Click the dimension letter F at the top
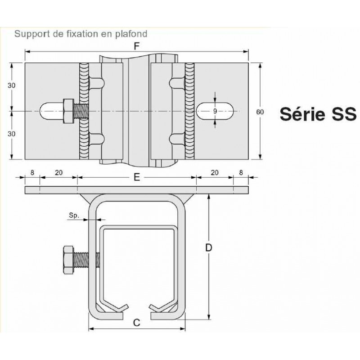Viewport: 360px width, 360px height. [x=137, y=46]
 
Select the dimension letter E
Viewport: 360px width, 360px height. [x=137, y=177]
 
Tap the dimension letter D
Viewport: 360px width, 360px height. [x=208, y=248]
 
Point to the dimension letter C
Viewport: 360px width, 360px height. [x=137, y=323]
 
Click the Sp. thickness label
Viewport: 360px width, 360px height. [x=74, y=216]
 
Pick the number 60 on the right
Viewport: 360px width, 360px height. [x=260, y=112]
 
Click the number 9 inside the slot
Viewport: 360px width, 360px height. [x=215, y=111]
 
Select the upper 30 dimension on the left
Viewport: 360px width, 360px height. [x=12, y=85]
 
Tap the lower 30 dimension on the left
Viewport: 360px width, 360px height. [x=12, y=134]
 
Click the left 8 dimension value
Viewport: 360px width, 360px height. [x=32, y=172]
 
